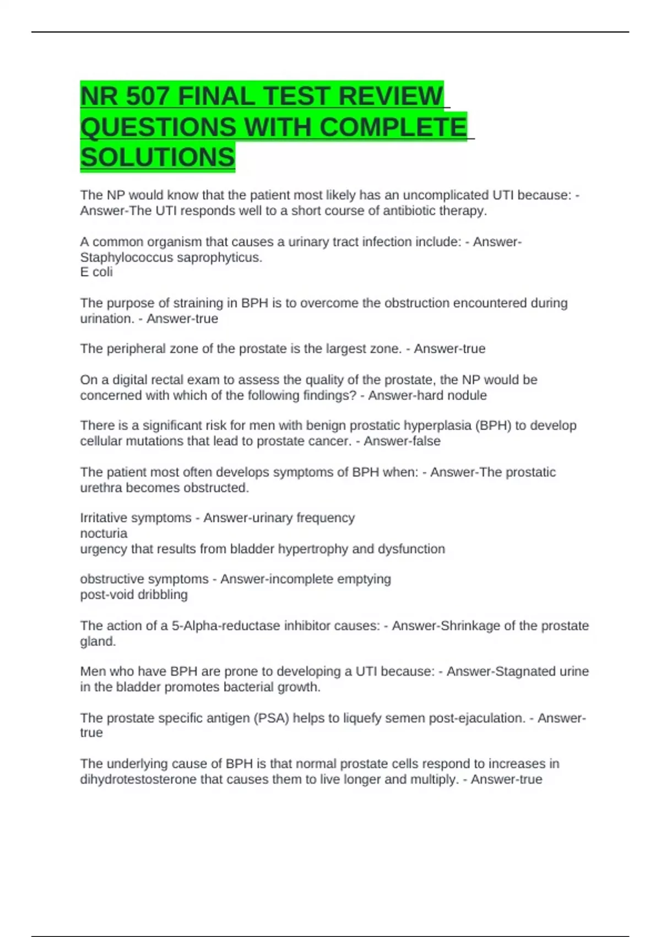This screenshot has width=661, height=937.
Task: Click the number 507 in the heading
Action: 147,96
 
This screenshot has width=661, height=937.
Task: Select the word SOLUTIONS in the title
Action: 158,157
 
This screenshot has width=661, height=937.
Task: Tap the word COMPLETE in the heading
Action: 393,127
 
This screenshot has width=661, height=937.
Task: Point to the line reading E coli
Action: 96,272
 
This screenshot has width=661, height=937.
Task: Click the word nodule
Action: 468,395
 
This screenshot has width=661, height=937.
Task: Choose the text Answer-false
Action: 402,441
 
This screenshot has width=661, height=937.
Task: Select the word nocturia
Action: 104,534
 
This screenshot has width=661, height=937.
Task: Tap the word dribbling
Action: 161,595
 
